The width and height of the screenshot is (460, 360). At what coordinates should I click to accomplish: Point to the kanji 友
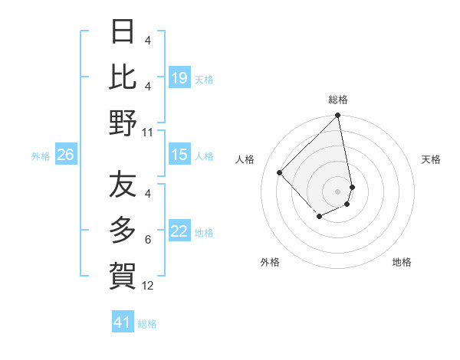click(123, 185)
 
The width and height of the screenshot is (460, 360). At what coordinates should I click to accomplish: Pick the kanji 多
click(123, 229)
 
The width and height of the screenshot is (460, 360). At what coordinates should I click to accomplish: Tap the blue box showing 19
click(179, 78)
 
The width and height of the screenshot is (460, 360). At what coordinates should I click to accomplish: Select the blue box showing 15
click(179, 155)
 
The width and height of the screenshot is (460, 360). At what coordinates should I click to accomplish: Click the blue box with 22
click(179, 232)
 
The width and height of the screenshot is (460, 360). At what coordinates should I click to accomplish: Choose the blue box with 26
click(66, 155)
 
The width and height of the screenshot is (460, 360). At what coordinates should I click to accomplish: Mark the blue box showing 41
click(123, 322)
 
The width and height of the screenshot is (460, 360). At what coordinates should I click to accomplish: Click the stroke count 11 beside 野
click(148, 133)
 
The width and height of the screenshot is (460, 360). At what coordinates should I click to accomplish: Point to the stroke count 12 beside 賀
click(148, 286)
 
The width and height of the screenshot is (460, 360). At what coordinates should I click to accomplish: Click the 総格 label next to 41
click(148, 324)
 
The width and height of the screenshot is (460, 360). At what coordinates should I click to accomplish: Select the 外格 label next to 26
click(41, 156)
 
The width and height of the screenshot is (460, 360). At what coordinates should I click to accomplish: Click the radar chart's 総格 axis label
click(338, 100)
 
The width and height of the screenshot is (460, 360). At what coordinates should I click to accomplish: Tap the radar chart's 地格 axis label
click(402, 262)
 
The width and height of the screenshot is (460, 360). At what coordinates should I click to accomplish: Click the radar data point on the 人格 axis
click(280, 172)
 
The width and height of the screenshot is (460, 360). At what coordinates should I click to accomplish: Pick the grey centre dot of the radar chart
click(338, 191)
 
